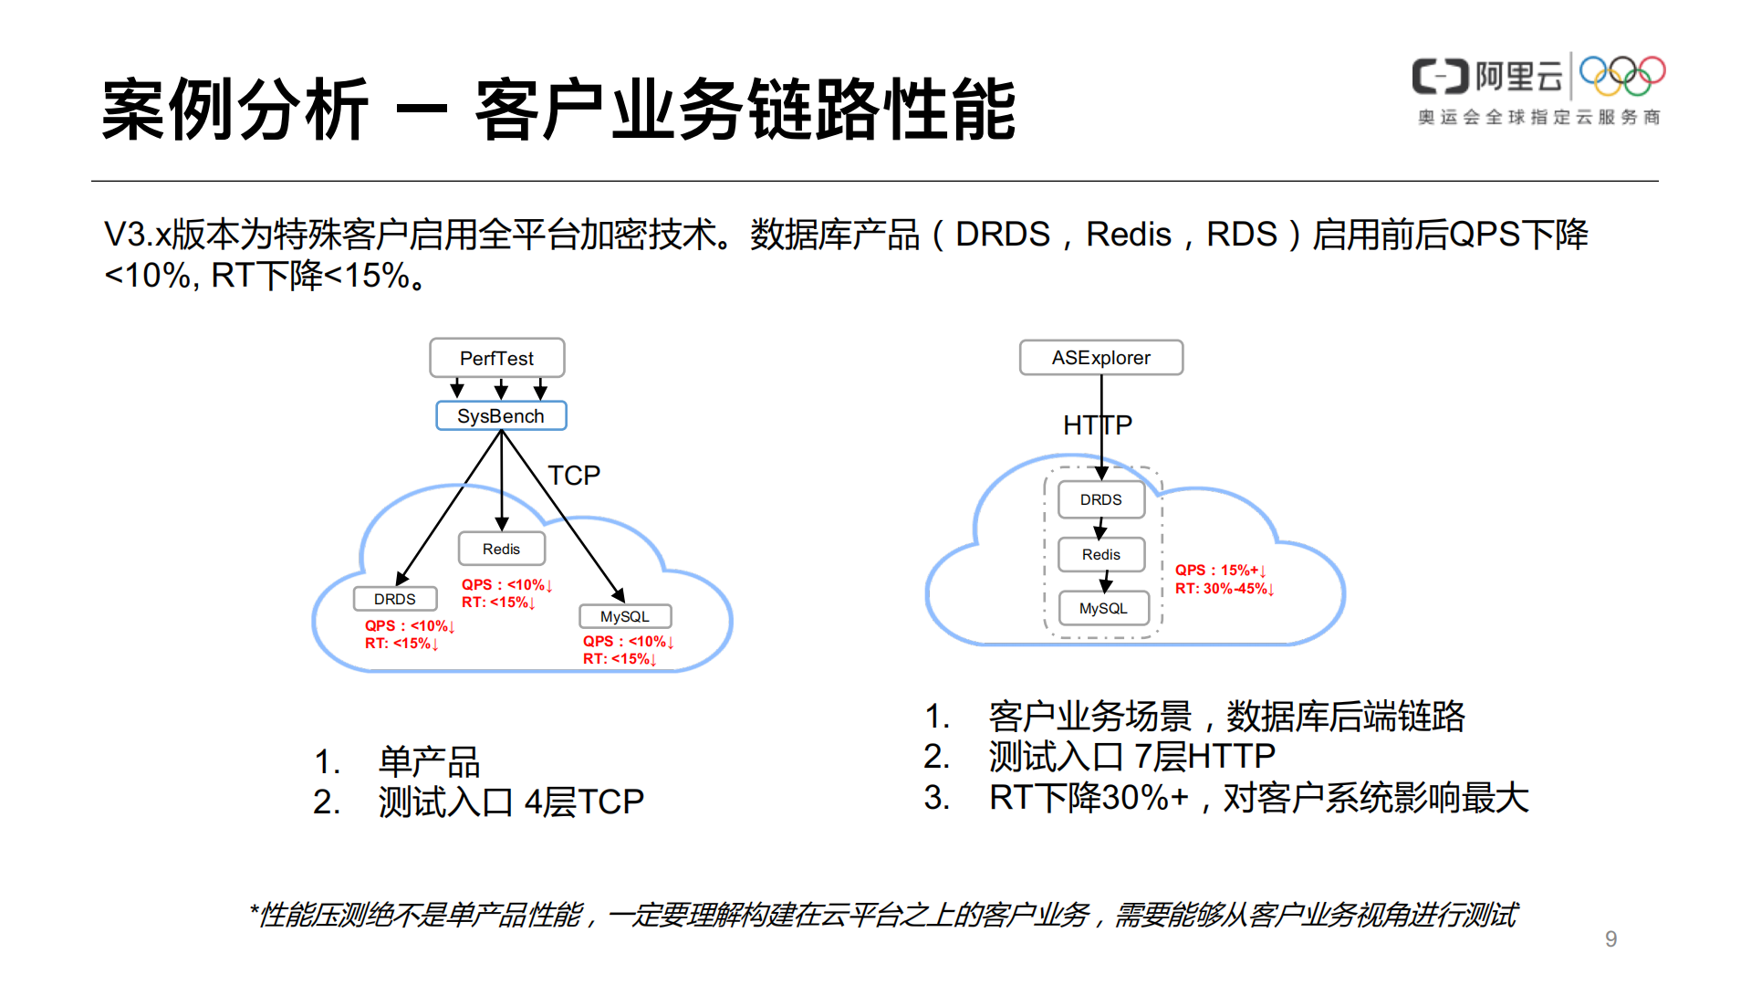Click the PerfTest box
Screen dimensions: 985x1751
[496, 358]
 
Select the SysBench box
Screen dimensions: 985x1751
[501, 416]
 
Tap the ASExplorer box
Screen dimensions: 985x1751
[1100, 358]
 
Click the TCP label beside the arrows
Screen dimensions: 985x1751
[573, 476]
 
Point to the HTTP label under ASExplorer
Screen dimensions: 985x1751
[1097, 425]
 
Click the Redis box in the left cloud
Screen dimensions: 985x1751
[501, 549]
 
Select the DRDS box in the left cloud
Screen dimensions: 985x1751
[394, 599]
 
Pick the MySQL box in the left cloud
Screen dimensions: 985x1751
[625, 616]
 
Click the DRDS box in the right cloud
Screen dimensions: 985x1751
[1100, 499]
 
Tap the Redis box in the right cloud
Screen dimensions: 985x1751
[1100, 554]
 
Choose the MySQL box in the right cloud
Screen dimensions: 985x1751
[1102, 608]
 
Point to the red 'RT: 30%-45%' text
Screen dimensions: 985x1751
[1223, 589]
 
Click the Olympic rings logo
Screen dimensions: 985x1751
[1622, 76]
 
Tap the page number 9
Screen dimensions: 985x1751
[1610, 939]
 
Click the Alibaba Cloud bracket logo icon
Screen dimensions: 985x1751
[1440, 77]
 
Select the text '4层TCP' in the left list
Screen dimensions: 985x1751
[584, 802]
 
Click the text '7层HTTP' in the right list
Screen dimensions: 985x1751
[1204, 757]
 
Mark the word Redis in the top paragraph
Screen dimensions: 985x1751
[1128, 235]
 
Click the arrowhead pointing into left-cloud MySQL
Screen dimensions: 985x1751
[619, 595]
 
